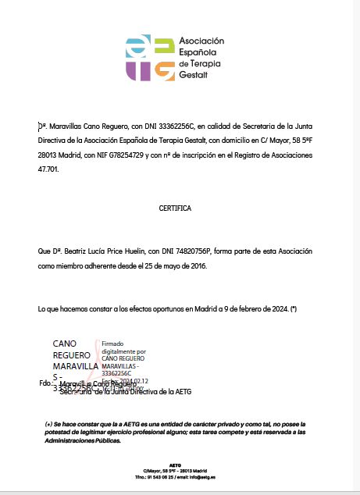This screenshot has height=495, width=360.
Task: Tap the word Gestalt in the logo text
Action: click(x=194, y=75)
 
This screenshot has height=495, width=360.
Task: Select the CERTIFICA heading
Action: click(x=175, y=208)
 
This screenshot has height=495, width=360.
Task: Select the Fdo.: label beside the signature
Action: click(x=46, y=384)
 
